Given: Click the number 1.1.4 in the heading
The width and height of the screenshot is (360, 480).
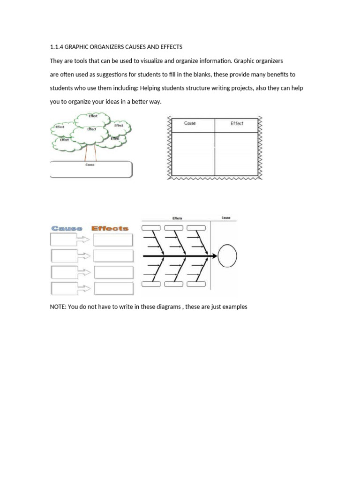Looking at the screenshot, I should tap(56, 47).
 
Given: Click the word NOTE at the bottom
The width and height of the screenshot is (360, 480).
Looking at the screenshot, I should tap(58, 307).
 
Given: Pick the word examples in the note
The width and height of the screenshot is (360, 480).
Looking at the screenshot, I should tap(233, 307).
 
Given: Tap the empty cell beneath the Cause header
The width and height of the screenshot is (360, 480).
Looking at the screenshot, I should tap(193, 154).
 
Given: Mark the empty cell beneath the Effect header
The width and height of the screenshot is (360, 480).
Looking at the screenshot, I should tap(236, 154).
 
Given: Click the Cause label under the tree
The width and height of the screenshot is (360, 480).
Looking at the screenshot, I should tap(90, 165).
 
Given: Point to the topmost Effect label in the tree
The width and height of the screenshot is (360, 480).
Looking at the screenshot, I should tap(93, 116).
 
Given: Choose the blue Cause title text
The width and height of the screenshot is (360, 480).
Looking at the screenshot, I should tap(67, 228).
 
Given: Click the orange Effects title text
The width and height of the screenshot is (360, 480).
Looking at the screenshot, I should tap(110, 228).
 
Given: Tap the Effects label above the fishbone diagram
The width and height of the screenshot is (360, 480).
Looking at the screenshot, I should tap(177, 218).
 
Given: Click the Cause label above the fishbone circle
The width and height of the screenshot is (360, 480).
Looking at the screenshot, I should tap(226, 218).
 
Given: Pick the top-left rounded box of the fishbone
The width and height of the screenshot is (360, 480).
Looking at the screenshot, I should tap(151, 228).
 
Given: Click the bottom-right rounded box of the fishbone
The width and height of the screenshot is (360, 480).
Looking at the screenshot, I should tap(197, 283).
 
